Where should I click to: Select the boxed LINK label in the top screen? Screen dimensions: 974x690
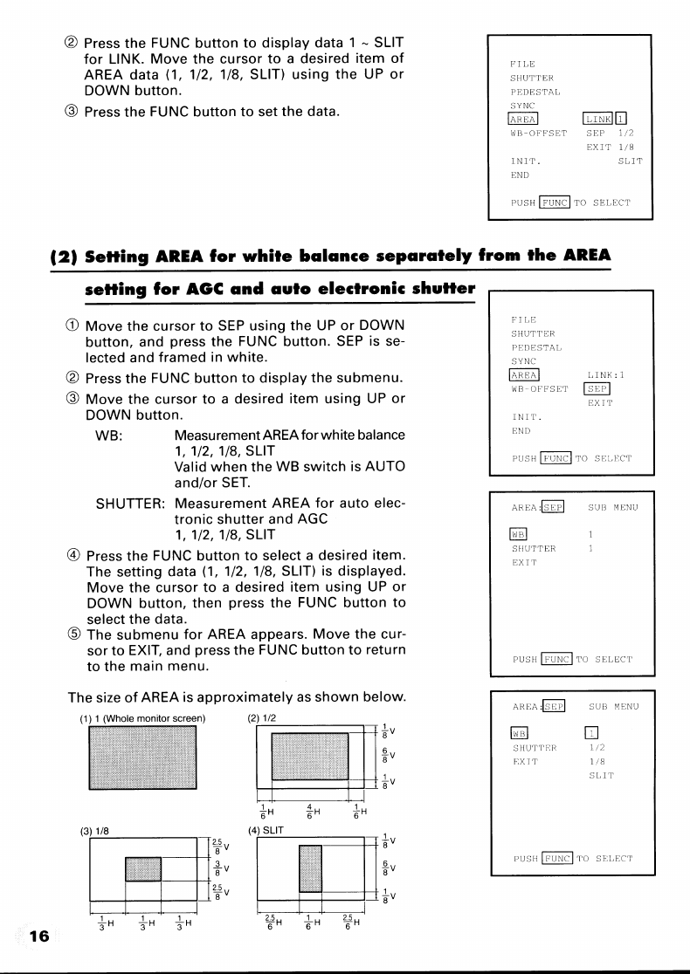[x=598, y=119]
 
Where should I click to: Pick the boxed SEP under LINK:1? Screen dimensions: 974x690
[x=598, y=389]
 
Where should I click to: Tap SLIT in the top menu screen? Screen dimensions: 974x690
[x=629, y=161]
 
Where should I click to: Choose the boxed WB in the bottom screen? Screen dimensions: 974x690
[x=520, y=733]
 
